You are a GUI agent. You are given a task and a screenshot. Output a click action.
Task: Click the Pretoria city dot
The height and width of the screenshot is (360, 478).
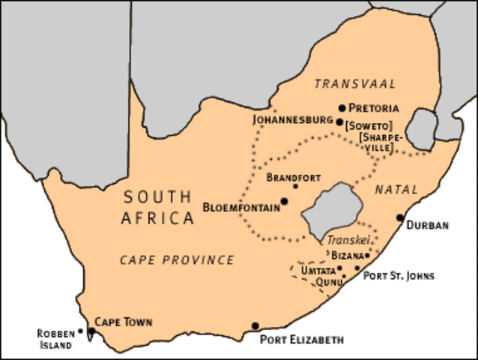(342, 108)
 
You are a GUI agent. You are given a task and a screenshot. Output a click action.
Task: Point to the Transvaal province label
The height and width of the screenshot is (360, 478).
(355, 83)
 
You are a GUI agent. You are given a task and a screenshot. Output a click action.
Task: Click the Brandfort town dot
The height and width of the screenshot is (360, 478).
(294, 187)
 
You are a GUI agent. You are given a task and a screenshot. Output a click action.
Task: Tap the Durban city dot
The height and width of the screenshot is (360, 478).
(400, 218)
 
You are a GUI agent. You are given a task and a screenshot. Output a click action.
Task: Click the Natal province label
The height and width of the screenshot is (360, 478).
(397, 190)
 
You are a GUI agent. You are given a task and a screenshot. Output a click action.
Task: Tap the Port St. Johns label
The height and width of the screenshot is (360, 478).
(399, 275)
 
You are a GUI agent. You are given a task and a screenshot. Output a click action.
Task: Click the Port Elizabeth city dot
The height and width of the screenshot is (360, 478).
(255, 325)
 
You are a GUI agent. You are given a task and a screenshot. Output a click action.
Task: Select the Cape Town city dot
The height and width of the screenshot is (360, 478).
(91, 331)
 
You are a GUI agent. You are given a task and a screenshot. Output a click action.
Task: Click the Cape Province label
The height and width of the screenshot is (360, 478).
(177, 259)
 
